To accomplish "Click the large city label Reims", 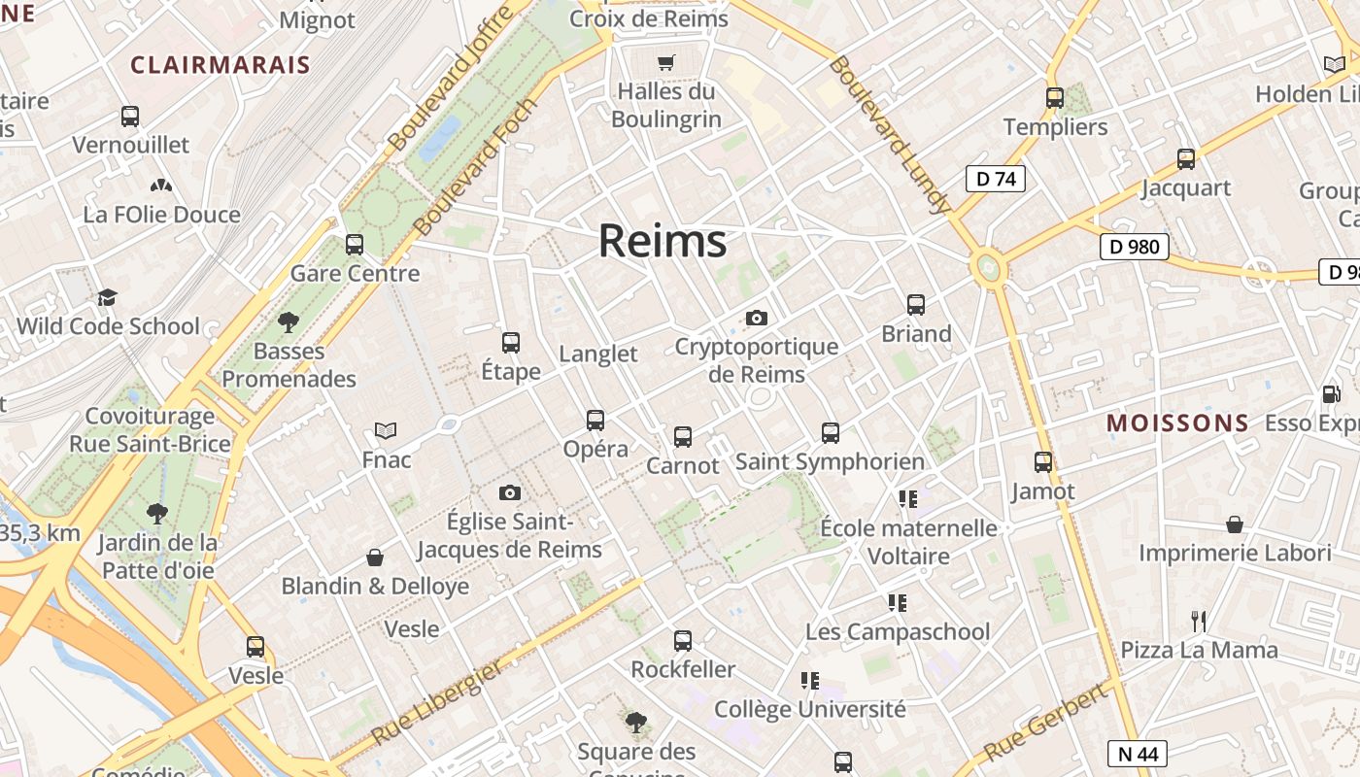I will click(x=663, y=240).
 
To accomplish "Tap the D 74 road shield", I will click(x=996, y=179).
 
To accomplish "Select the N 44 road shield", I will click(x=1137, y=754).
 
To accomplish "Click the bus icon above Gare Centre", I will click(x=355, y=245).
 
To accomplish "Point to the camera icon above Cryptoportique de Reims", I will click(x=757, y=318).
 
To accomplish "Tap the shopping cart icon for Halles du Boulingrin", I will click(x=666, y=63).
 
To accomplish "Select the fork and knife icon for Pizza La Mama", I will click(x=1199, y=621).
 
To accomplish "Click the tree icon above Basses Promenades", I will click(x=288, y=321).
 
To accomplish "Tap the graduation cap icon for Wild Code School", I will click(x=107, y=297).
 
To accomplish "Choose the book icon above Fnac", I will click(x=386, y=430).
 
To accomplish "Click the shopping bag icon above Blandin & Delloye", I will click(x=375, y=557).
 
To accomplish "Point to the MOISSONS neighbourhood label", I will click(x=1177, y=423).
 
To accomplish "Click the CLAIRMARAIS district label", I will click(x=221, y=65).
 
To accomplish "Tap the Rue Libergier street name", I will click(x=438, y=701).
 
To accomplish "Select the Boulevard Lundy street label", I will click(x=888, y=133).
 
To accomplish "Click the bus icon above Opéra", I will click(x=595, y=421).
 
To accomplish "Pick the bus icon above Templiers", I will click(x=1055, y=98).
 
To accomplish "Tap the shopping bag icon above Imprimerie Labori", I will click(x=1235, y=524).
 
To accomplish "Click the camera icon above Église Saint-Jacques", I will click(x=510, y=493).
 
